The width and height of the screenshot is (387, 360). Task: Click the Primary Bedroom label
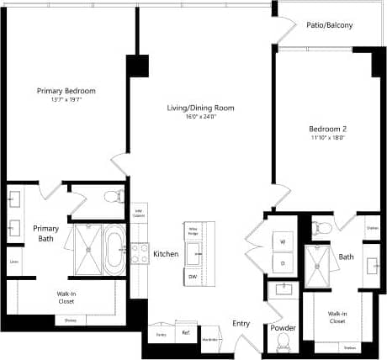click(66, 91)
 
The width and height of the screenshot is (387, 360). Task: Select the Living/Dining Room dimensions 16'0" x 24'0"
click(199, 117)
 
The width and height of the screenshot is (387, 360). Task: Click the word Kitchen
click(166, 253)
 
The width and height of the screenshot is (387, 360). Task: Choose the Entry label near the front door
click(241, 323)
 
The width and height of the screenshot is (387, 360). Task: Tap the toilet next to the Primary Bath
click(111, 198)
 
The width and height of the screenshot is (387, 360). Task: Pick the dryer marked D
click(282, 263)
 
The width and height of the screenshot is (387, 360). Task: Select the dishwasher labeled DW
click(193, 276)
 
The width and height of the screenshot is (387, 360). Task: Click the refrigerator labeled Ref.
click(187, 333)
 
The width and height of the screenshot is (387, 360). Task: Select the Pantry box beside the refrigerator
click(160, 334)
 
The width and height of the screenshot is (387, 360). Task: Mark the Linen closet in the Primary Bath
click(14, 262)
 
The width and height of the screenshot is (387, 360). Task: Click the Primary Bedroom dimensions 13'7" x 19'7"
click(66, 100)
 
